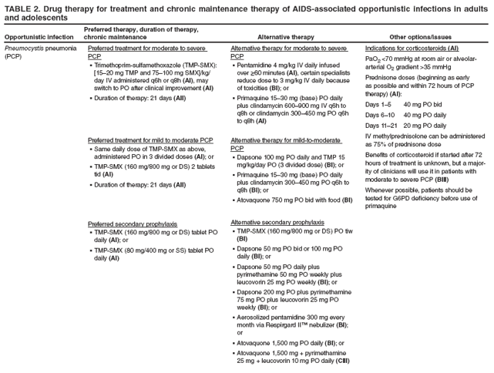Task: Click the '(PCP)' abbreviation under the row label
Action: [x=14, y=56]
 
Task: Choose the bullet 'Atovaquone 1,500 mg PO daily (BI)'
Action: [x=288, y=342]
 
